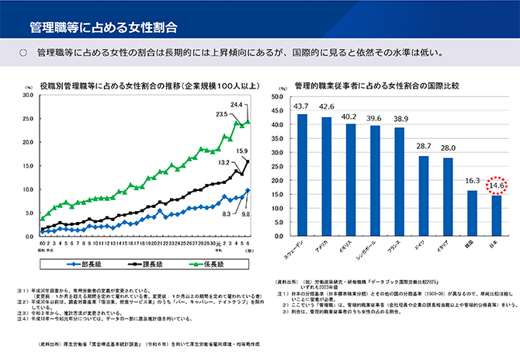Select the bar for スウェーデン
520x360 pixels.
302,175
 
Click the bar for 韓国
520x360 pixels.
471,213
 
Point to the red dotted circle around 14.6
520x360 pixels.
497,185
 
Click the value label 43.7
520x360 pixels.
302,106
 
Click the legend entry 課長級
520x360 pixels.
149,263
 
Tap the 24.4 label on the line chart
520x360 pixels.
237,103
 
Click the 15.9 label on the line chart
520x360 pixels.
242,151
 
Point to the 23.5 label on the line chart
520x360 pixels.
221,114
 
